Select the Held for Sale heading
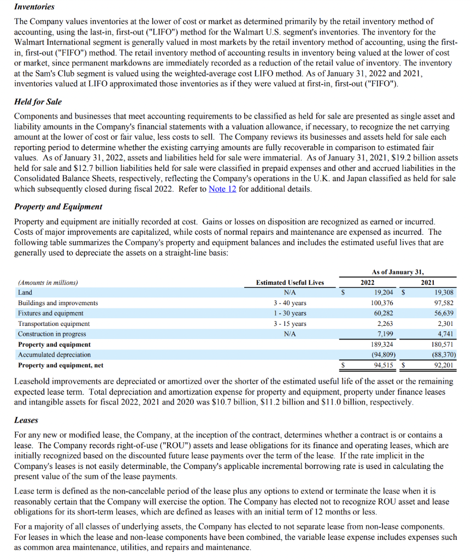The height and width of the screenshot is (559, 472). click(x=38, y=102)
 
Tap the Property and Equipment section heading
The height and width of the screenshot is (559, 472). click(x=58, y=207)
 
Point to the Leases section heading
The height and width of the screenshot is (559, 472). click(x=26, y=421)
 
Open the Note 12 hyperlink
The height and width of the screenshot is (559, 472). click(x=222, y=189)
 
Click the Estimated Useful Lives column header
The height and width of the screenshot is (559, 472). click(x=290, y=282)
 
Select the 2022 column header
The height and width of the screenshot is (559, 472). click(x=368, y=282)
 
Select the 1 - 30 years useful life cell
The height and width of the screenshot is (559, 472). click(x=290, y=313)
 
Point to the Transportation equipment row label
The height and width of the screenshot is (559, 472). click(x=54, y=324)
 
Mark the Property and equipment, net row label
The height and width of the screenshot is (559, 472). click(x=61, y=365)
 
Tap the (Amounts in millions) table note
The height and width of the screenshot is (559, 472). click(x=48, y=282)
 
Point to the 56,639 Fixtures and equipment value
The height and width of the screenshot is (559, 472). click(x=442, y=313)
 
